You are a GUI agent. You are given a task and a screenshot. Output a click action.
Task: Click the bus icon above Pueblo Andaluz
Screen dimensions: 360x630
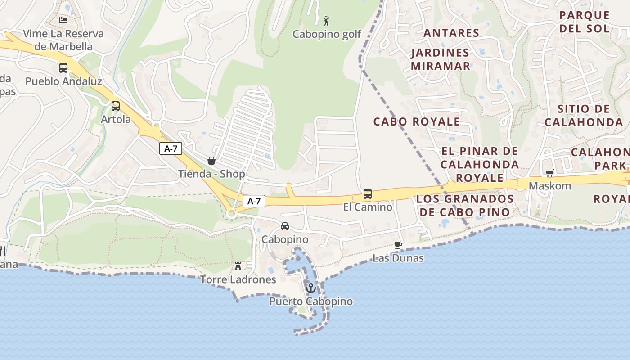[63, 68]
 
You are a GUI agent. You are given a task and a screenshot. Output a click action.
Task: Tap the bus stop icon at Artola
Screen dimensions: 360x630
[116, 106]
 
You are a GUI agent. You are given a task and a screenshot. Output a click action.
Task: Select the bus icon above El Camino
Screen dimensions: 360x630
[368, 194]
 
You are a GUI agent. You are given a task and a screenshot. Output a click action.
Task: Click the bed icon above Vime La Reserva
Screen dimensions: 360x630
[63, 20]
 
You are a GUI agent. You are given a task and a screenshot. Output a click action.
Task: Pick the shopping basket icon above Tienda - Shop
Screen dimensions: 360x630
[211, 161]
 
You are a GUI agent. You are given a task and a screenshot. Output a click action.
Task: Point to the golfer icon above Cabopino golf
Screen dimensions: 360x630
[327, 21]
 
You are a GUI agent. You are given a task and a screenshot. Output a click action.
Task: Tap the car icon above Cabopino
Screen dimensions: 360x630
[285, 226]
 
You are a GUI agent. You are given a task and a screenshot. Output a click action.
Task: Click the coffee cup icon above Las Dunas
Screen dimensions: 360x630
[398, 245]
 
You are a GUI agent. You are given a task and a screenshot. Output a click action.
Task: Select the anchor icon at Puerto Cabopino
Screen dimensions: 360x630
[310, 288]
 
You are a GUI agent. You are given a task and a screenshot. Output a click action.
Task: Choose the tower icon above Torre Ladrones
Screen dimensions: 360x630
[238, 266]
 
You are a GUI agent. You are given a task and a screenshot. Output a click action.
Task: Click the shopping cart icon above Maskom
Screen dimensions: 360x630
[549, 173]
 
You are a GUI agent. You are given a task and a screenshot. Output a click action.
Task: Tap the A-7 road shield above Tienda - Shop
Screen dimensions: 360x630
[171, 148]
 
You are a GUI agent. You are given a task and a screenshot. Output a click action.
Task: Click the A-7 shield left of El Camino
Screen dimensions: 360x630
[254, 201]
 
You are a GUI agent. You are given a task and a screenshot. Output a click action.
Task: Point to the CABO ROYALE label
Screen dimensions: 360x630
[417, 121]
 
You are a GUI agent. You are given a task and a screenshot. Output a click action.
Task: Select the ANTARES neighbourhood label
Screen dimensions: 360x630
[451, 33]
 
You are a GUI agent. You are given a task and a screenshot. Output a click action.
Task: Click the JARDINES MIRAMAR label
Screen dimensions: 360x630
[440, 59]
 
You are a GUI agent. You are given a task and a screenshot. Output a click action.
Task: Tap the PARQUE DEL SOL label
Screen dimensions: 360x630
[585, 22]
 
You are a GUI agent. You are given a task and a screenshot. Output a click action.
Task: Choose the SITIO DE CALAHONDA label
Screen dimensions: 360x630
[584, 115]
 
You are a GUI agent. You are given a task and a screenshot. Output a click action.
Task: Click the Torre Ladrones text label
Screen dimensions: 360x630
[238, 279]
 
